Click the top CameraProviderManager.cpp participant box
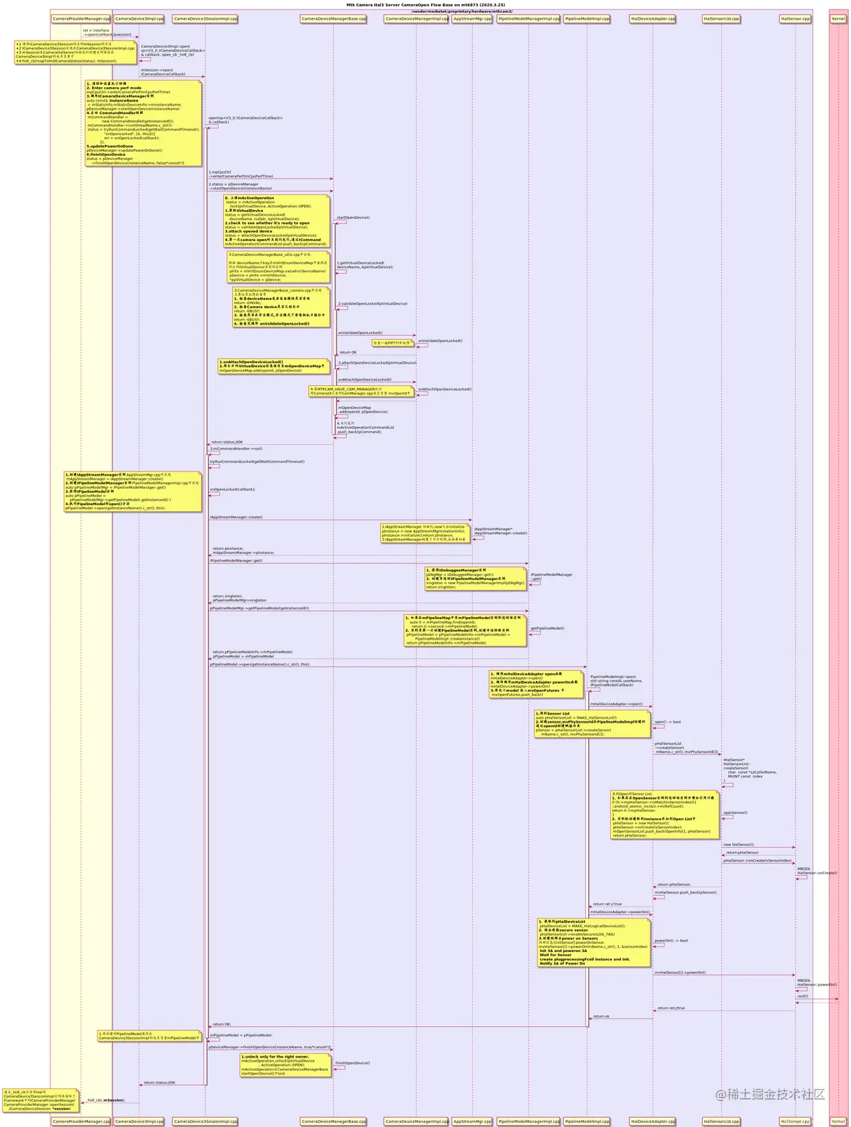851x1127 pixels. pos(81,19)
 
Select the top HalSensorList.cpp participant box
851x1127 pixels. pos(721,19)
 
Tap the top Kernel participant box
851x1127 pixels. pos(838,19)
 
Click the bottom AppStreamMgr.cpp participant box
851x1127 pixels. pos(472,1122)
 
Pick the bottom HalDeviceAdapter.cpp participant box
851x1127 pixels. pos(653,1122)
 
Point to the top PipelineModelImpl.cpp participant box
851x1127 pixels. pos(587,19)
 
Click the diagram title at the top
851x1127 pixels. pos(425,5)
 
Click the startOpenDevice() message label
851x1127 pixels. pos(353,218)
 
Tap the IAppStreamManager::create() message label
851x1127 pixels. pos(236,517)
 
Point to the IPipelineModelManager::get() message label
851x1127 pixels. pos(236,561)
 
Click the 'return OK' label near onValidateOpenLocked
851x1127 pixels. pos(348,352)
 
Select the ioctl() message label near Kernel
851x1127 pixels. pos(802,996)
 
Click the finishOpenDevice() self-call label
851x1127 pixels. pos(352,1063)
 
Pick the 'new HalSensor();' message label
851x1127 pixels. pos(738,845)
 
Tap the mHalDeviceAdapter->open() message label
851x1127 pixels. pos(616,704)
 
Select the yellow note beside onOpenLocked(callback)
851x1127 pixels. pos(133,491)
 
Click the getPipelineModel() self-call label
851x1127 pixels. pos(547,628)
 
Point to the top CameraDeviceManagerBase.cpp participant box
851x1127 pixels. pos(334,19)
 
